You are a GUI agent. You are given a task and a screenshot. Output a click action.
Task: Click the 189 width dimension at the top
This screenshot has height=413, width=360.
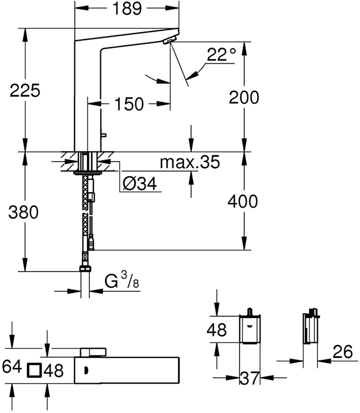click(x=127, y=9)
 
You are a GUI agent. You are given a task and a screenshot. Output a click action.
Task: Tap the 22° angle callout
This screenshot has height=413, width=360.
click(x=221, y=54)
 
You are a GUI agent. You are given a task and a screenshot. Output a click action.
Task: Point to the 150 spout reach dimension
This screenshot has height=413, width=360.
click(x=129, y=104)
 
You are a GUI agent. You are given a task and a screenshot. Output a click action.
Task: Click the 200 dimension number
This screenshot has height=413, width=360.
click(x=244, y=97)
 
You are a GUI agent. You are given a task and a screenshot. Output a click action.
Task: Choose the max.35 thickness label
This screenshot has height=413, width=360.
click(x=190, y=162)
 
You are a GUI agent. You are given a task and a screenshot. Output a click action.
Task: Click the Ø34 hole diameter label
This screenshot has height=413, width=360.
click(x=140, y=184)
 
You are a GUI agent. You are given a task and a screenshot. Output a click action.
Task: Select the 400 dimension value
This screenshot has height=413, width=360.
click(x=243, y=201)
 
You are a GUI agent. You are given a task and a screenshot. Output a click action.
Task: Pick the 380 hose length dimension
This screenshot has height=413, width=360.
click(x=23, y=212)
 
